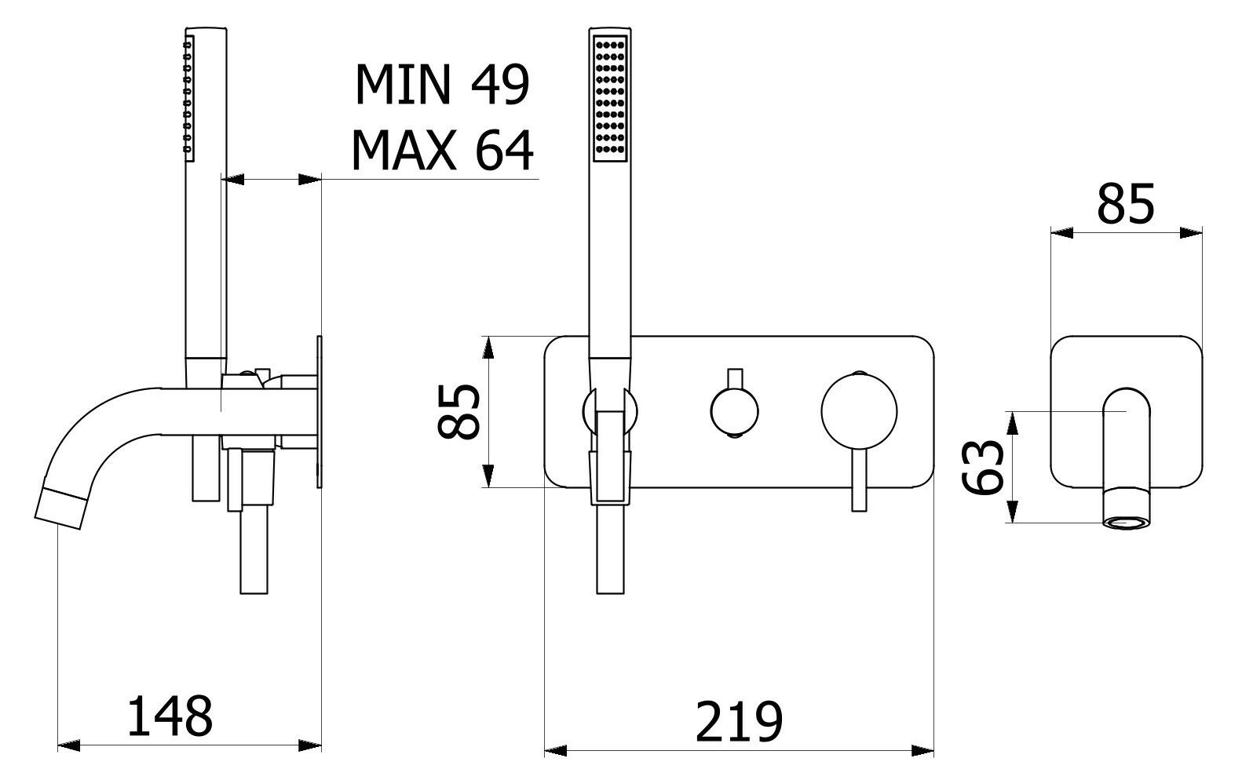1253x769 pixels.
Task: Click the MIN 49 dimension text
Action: tap(442, 85)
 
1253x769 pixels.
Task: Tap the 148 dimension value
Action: tap(170, 716)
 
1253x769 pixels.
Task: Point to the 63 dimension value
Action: tap(983, 467)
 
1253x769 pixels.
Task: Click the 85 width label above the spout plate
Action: tap(1126, 204)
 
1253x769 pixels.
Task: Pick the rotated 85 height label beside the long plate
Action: tap(458, 412)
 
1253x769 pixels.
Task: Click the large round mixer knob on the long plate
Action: tap(859, 412)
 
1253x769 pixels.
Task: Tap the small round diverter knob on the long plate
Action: tap(735, 412)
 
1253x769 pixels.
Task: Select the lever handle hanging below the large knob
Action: tap(859, 480)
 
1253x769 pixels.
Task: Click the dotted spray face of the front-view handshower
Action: tap(610, 98)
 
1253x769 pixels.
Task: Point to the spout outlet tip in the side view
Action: tap(61, 508)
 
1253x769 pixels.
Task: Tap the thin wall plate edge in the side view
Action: tap(320, 412)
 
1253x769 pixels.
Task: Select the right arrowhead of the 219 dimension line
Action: tap(922, 750)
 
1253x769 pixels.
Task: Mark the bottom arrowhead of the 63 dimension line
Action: tap(1011, 511)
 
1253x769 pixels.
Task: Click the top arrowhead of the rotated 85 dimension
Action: tap(488, 348)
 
